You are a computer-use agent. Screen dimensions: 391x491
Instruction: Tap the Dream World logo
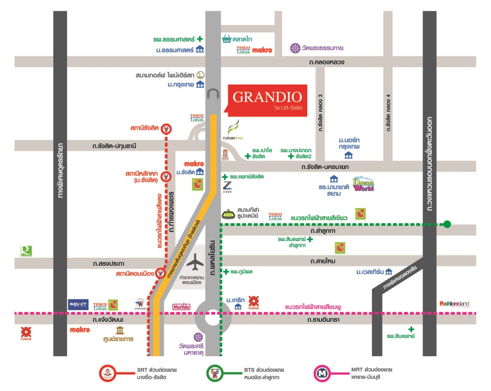pos(363,184)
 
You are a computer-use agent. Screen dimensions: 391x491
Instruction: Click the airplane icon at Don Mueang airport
pos(195,264)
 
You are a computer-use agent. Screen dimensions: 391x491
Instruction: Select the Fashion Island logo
pos(454,304)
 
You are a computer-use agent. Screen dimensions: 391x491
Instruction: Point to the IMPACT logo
pos(78,305)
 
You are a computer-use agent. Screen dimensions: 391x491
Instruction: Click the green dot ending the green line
pos(447,224)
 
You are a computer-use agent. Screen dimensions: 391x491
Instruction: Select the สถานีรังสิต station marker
pos(166,129)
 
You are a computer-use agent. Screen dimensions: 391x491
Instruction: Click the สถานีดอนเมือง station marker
pos(161,274)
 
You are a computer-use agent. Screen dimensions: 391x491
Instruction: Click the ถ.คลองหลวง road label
pos(327,62)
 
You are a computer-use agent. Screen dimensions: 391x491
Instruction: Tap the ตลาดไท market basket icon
pos(227,39)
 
